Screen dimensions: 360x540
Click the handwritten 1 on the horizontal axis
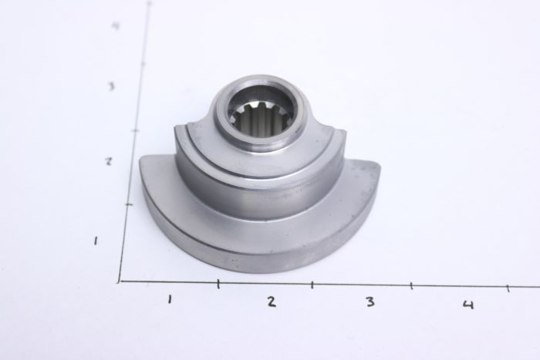169,299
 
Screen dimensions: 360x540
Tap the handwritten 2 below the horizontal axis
271,301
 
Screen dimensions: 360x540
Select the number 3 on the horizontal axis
370,301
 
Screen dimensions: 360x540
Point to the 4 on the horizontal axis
467,304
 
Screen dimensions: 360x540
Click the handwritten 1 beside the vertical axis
95,241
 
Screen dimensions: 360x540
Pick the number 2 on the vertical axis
109,162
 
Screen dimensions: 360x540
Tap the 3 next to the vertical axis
111,86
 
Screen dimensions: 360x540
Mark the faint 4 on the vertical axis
114,26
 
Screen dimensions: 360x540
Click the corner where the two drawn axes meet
120,281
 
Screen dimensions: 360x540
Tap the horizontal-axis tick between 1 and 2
218,284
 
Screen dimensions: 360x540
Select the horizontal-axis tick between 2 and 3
312,285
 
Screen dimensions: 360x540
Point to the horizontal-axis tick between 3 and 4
411,287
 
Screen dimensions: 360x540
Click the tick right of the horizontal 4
508,288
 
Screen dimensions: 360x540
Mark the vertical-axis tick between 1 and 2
127,204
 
